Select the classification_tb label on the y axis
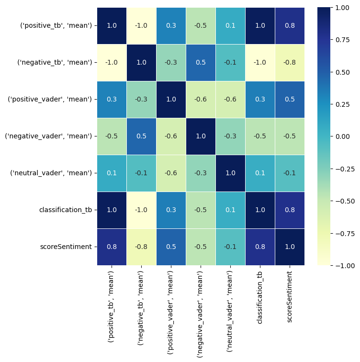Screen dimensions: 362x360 (x=66, y=210)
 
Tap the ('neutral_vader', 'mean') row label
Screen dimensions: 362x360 (x=51, y=173)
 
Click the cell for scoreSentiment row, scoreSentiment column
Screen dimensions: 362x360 (x=289, y=247)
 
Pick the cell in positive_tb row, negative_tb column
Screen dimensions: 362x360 (x=141, y=26)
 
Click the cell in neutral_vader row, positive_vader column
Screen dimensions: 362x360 (x=170, y=173)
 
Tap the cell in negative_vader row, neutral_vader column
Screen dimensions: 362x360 (x=230, y=136)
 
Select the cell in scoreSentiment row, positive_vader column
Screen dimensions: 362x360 (x=170, y=247)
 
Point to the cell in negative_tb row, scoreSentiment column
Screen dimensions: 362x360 (x=289, y=63)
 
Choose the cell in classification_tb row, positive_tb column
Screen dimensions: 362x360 (x=112, y=210)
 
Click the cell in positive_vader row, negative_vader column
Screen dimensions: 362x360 (x=200, y=100)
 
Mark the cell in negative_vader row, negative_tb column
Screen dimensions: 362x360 (x=141, y=136)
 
